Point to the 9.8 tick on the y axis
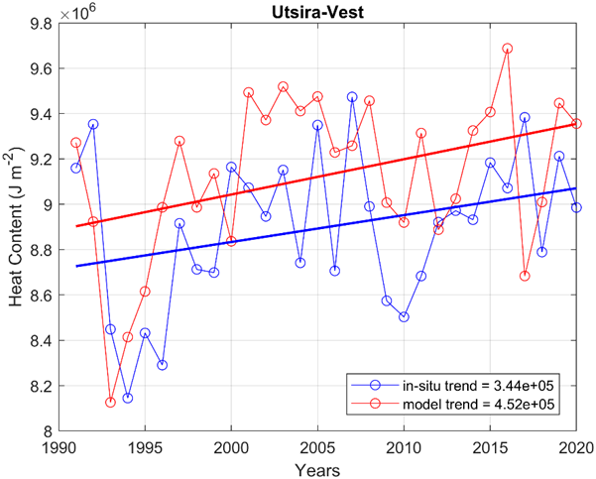pos(42,24)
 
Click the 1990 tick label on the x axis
pos(59,446)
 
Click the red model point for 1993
pos(110,402)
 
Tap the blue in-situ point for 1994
pos(127,398)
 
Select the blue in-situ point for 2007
pos(352,97)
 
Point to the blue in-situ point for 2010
pos(404,317)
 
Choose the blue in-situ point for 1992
pos(93,124)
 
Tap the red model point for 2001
pos(248,92)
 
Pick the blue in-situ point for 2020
pos(576,207)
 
